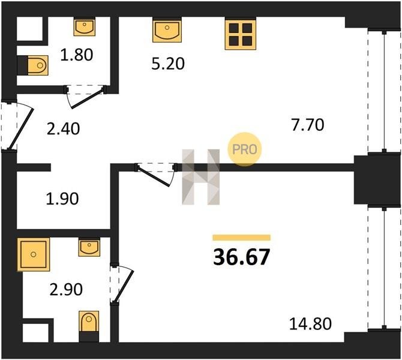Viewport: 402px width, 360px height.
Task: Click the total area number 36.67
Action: pos(242,257)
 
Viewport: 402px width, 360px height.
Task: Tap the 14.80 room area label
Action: pos(310,323)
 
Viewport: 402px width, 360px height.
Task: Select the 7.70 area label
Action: pos(308,125)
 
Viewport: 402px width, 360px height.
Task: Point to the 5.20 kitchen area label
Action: pos(168,64)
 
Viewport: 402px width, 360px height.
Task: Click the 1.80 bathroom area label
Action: pos(76,55)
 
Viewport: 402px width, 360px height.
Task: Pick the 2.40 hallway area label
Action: pos(64,129)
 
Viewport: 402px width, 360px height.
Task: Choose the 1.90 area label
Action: pos(62,199)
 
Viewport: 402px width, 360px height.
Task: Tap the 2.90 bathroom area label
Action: pos(66,289)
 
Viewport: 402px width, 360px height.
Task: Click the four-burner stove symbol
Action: pos(241,34)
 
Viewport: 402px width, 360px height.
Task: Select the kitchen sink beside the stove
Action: pos(167,31)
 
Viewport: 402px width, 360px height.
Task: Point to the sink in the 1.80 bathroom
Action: pos(85,27)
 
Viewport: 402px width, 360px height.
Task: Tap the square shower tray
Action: pos(34,254)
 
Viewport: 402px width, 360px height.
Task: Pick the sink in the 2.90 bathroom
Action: pos(89,248)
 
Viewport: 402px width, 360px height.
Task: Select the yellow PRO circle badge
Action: pos(245,149)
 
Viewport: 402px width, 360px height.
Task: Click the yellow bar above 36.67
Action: pos(242,238)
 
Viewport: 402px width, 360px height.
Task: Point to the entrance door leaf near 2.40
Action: pos(21,129)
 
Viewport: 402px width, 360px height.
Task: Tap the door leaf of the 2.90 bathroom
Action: pos(124,286)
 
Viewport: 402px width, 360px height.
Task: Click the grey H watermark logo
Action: pos(201,177)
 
